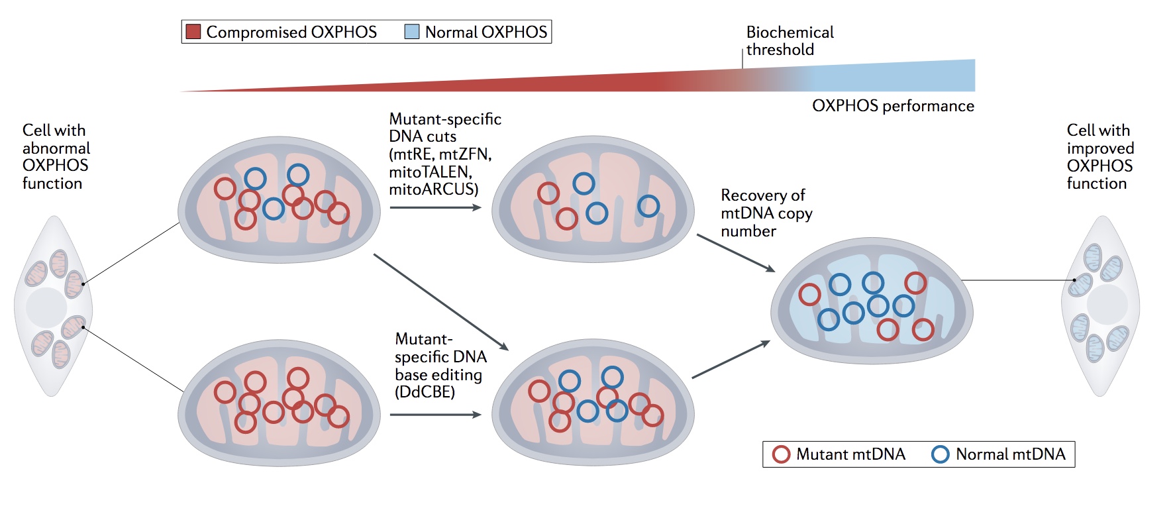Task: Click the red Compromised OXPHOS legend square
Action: tap(193, 32)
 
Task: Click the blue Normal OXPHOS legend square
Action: tap(412, 32)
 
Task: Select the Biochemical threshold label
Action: tap(790, 40)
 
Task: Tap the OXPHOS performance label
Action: tap(893, 106)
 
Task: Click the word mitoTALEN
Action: tap(431, 172)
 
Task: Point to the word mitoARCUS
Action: tap(433, 189)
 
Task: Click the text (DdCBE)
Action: tap(425, 392)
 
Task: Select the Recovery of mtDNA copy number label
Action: tap(766, 213)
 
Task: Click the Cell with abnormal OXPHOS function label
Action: tap(56, 157)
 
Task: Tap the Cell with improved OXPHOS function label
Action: tap(1100, 157)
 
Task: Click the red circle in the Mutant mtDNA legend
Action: tap(782, 454)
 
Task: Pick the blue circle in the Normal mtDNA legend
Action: tap(941, 454)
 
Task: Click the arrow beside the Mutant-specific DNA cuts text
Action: tap(435, 207)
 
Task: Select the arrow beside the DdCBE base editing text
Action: tap(435, 415)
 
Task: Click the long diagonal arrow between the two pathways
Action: tap(441, 302)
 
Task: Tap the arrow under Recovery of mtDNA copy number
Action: tap(736, 253)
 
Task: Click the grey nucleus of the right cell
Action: tap(1107, 304)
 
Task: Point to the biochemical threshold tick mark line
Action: tap(742, 58)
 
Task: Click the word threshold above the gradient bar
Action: tap(780, 50)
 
